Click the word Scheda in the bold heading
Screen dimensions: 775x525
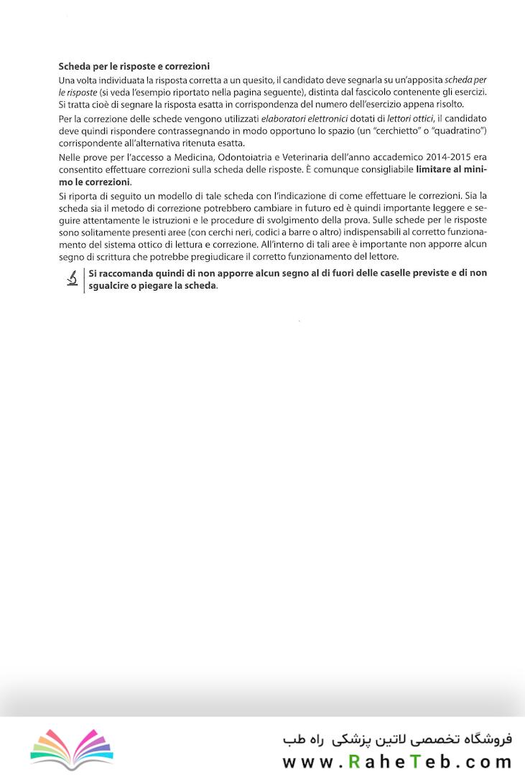pyautogui.click(x=75, y=65)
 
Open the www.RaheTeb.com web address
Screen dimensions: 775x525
pyautogui.click(x=396, y=761)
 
